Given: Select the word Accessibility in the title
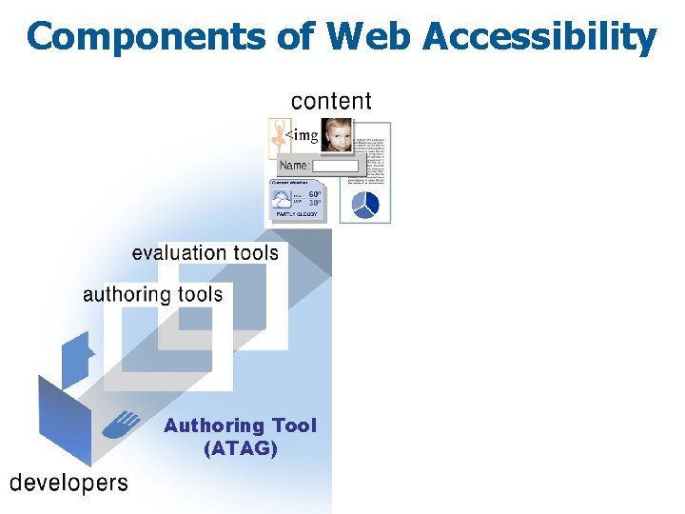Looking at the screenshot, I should point(538,37).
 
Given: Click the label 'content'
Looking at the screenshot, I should point(331,101).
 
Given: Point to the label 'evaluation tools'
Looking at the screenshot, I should point(205,253).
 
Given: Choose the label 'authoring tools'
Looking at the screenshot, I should point(153,294).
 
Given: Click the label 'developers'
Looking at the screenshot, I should point(68,483).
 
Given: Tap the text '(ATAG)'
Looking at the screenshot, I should point(241,448).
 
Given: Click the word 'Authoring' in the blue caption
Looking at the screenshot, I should point(214,425).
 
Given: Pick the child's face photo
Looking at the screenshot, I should point(336,135).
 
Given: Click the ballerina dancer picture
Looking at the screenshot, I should point(279,139).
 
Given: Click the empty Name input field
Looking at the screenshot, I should point(336,167).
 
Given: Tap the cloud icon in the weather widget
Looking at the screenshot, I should point(283,200).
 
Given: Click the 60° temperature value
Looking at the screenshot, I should point(315,194).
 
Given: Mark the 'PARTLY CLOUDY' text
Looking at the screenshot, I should point(297,215).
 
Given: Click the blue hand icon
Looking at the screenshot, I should point(123,424).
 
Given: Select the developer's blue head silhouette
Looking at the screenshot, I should point(78,360).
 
